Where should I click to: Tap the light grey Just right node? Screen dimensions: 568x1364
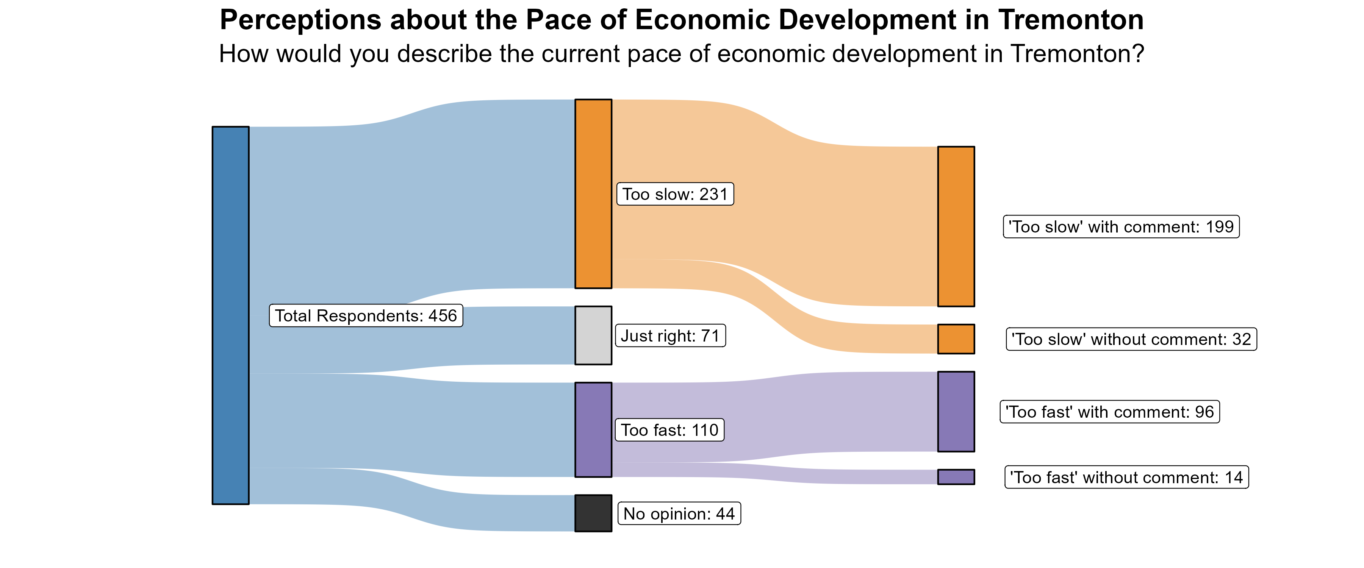tap(593, 335)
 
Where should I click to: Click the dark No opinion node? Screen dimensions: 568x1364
tap(593, 513)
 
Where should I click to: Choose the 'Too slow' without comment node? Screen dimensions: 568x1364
tap(956, 339)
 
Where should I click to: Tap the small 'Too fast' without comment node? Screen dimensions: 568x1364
tap(956, 476)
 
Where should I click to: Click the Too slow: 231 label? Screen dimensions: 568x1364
tap(675, 194)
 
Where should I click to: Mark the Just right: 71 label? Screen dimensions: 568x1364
tap(670, 335)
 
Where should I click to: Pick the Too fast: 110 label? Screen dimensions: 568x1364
tap(669, 430)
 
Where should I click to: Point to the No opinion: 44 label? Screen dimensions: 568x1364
tap(679, 513)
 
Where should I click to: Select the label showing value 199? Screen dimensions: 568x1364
tap(1121, 226)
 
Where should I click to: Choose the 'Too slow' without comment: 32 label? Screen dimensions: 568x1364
tap(1131, 339)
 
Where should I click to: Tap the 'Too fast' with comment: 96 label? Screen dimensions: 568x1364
tap(1109, 412)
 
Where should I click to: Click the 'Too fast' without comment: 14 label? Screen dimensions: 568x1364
tap(1126, 477)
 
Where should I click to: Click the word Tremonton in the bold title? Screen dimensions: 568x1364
tap(1071, 20)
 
